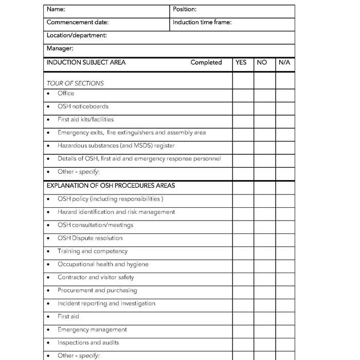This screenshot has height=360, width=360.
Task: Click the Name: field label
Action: click(56, 9)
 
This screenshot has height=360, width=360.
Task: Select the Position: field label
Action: click(185, 9)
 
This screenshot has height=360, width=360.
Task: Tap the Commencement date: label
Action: click(78, 22)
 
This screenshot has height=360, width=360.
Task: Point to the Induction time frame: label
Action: click(202, 22)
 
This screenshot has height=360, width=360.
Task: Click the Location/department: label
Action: click(77, 35)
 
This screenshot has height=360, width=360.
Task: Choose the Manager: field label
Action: click(60, 48)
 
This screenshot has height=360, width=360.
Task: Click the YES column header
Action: click(241, 62)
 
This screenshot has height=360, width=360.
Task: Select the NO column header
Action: click(262, 62)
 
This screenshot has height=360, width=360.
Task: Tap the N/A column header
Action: click(284, 62)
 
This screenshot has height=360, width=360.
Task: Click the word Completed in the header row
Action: click(206, 62)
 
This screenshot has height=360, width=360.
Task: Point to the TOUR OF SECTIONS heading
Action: click(75, 83)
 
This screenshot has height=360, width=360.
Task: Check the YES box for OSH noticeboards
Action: click(243, 107)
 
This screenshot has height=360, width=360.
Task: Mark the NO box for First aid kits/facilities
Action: click(264, 120)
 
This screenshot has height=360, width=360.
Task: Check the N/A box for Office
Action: click(285, 94)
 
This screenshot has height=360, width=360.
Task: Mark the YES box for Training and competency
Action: click(243, 251)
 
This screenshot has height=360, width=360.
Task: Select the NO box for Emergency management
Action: click(264, 330)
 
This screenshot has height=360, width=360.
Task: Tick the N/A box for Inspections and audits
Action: click(285, 343)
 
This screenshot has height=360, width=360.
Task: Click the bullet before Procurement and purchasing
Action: click(48, 291)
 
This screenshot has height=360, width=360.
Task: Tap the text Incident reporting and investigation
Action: click(106, 303)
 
